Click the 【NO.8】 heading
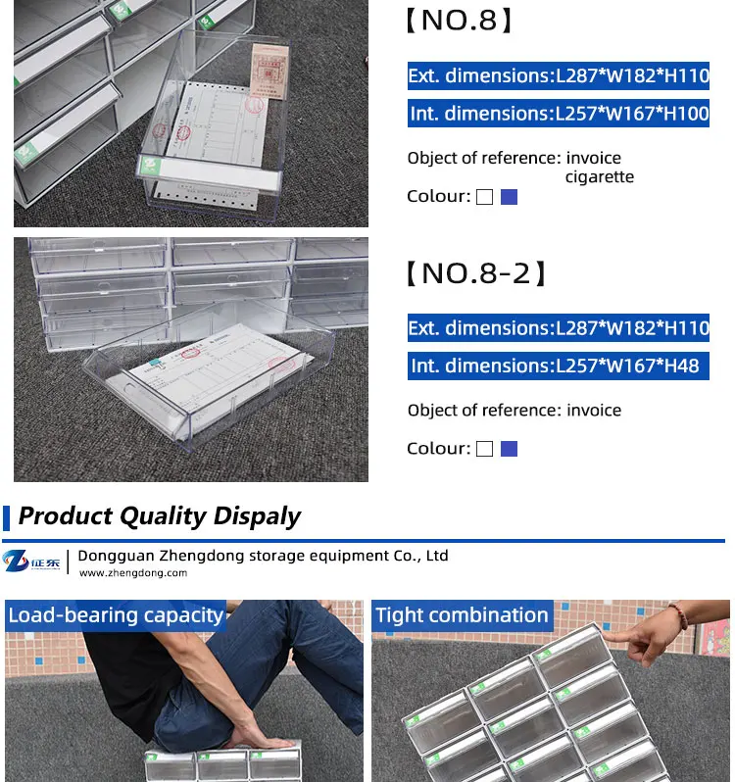coord(459,21)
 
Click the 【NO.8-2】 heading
coord(475,273)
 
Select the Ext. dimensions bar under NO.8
coord(558,75)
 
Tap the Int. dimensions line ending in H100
coord(558,114)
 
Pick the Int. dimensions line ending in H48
coord(555,366)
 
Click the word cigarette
coord(599,177)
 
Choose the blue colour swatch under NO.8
coord(509,197)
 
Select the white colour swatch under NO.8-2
coord(484,449)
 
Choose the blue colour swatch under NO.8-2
coord(509,449)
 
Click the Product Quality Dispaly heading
coord(159,516)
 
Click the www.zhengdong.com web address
coord(132,573)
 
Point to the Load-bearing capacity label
coord(116,615)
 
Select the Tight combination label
coord(462,615)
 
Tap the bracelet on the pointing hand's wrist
coord(677,615)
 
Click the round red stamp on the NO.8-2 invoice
coord(281,366)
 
